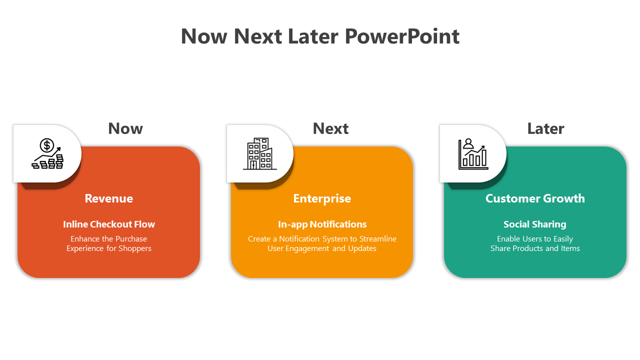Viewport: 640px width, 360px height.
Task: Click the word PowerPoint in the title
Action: pos(402,37)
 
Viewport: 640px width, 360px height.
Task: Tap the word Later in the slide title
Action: pos(313,36)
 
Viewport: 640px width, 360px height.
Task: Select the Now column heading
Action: pos(125,128)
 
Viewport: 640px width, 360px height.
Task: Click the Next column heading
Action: pos(330,128)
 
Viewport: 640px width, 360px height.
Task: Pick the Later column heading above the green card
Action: pos(545,128)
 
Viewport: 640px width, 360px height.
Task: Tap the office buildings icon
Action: pos(260,153)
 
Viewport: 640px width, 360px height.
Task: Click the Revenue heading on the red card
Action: pos(109,198)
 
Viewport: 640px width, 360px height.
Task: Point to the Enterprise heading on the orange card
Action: pos(322,199)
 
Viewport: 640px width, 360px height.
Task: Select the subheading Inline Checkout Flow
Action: pos(109,224)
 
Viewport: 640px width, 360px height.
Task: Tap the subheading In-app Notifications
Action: pos(322,224)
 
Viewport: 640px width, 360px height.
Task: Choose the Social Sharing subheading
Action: pos(535,224)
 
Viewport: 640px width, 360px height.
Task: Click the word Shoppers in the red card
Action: pos(135,248)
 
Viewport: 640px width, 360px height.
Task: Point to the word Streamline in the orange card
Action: pos(378,239)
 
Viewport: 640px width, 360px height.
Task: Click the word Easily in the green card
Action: pos(563,239)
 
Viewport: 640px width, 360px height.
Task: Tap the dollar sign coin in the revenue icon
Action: pos(47,145)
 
